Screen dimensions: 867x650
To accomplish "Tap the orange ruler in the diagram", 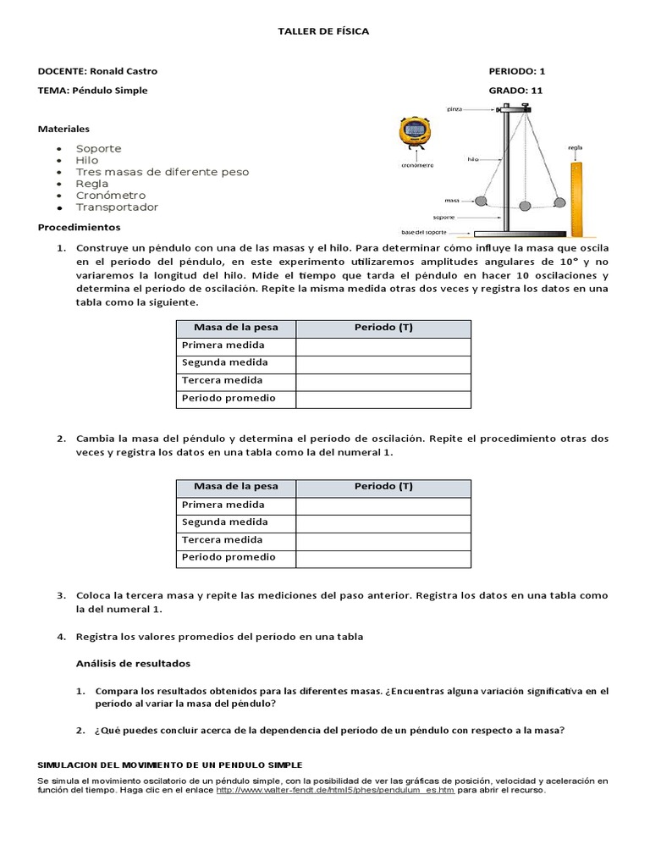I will coord(577,196).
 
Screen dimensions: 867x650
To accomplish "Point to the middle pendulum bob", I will coord(525,206).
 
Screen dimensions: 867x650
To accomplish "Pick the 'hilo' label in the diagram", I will coord(475,158).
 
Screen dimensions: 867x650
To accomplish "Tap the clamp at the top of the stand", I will coord(513,109).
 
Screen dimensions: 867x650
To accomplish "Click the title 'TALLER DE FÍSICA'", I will coord(324,31).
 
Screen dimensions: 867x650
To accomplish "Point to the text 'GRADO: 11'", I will coord(515,91).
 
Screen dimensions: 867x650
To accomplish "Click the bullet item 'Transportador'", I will coord(117,207).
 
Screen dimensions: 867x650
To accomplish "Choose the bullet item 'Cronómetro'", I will coord(111,196).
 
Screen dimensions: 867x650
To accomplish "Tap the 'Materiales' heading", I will coord(63,130).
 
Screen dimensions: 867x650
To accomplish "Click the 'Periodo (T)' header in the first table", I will coord(383,328).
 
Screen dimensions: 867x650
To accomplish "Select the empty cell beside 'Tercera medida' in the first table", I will coord(383,381).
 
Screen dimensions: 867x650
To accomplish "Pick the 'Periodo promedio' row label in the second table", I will coord(229,557).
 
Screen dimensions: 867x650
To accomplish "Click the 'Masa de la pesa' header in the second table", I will coord(235,487).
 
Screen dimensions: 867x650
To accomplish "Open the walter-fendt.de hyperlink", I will coord(335,790).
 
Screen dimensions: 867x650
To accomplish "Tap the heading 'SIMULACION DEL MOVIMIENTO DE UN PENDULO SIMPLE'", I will coord(169,765).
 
